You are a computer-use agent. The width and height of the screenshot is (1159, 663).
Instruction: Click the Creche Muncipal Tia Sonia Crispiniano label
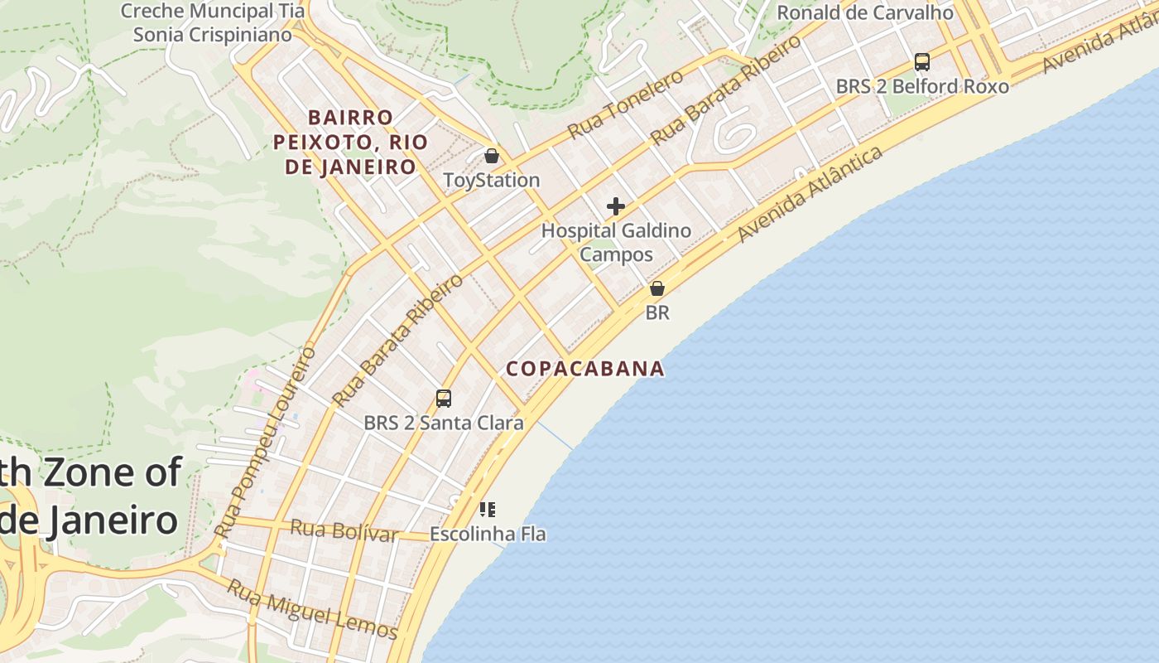click(213, 23)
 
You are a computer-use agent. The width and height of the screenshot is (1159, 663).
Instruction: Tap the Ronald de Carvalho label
click(865, 12)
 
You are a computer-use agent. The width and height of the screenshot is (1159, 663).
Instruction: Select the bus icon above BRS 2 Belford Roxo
click(921, 62)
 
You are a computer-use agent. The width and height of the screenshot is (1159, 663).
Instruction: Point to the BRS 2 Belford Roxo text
click(922, 86)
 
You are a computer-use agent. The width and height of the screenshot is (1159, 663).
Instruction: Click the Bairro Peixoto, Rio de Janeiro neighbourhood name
click(350, 142)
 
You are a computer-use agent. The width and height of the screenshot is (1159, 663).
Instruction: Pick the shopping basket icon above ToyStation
click(492, 156)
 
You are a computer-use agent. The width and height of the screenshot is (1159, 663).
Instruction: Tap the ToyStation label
click(492, 180)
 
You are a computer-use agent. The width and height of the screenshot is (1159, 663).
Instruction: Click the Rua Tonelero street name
click(626, 104)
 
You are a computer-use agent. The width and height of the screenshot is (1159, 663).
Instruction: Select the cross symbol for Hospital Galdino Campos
click(616, 206)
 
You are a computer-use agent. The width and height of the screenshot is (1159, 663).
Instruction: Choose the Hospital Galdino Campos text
click(616, 242)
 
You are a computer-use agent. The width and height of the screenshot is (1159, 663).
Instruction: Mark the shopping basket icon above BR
click(657, 288)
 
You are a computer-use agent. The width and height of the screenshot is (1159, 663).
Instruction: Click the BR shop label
click(657, 313)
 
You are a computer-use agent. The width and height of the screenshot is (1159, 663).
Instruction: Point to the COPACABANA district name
click(585, 369)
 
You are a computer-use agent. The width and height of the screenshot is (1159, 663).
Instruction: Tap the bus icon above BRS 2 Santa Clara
click(444, 399)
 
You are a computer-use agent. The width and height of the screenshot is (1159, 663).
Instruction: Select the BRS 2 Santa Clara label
click(444, 423)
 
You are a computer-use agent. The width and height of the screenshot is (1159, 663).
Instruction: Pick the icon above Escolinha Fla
click(488, 509)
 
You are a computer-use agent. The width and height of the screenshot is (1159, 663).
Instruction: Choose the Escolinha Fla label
click(488, 534)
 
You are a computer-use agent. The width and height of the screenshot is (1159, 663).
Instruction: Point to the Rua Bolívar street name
click(344, 530)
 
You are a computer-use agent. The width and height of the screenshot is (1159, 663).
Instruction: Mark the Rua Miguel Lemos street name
click(312, 609)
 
